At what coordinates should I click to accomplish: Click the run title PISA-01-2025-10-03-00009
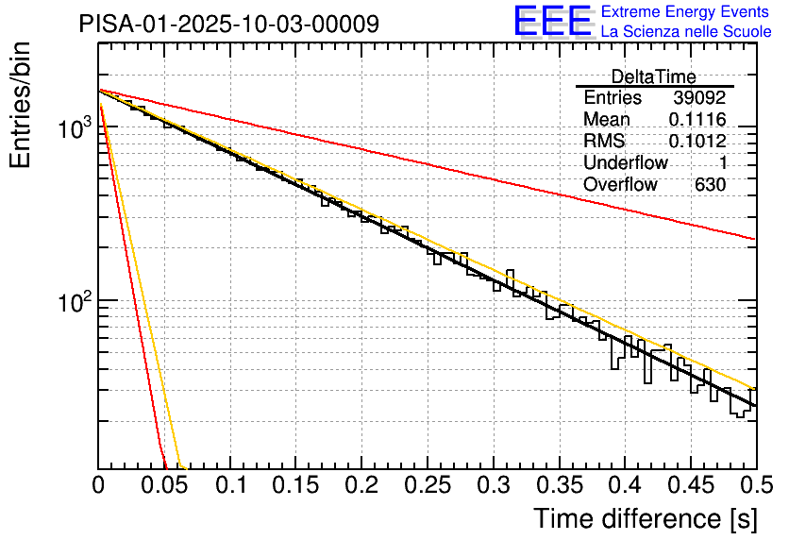pos(229,24)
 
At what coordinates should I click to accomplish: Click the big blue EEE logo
pos(553,22)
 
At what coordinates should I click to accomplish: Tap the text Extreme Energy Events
pos(685,12)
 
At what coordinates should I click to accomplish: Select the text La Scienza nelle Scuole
pos(685,32)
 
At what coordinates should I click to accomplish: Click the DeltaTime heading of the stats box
pos(653,76)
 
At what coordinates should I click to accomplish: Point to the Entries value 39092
pos(699,97)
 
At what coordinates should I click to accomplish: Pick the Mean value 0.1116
pos(697,119)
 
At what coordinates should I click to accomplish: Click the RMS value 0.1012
pos(697,141)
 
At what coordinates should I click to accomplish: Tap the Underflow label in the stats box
pos(625,162)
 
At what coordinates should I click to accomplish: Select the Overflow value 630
pos(710,184)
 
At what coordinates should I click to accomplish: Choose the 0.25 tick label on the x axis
pos(427,487)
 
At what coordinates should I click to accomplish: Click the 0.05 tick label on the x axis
pos(163,487)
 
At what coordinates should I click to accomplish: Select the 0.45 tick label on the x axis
pos(690,487)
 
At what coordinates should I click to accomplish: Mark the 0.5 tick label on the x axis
pos(755,487)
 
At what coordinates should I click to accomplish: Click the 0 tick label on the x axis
pos(98,487)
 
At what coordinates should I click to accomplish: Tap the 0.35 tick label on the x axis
pos(559,487)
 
